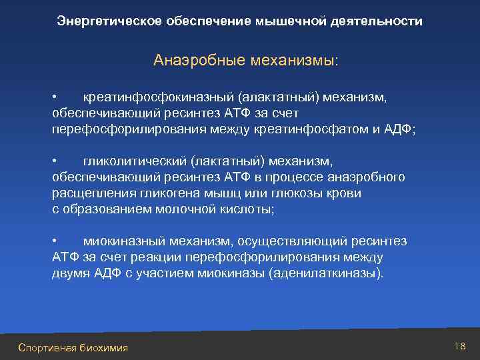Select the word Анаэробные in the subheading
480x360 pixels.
(193, 61)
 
